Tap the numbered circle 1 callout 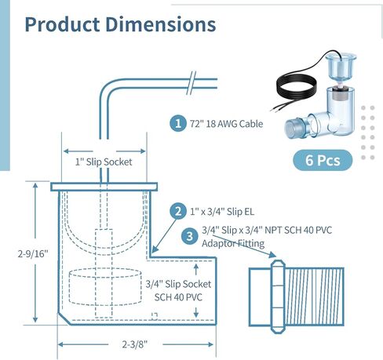click(178, 123)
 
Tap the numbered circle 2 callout click(178, 211)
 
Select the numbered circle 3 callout click(189, 235)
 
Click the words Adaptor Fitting click(232, 244)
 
